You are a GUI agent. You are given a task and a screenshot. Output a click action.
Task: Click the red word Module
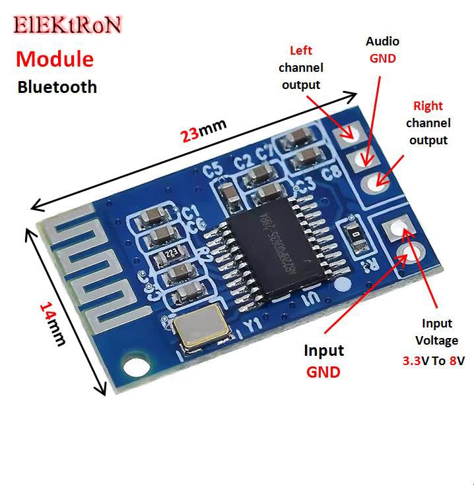pyautogui.click(x=55, y=59)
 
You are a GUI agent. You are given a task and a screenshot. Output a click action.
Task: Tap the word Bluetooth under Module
pyautogui.click(x=57, y=86)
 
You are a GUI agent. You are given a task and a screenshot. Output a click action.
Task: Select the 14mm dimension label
pyautogui.click(x=53, y=323)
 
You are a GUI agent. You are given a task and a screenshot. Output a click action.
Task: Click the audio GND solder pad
pyautogui.click(x=364, y=157)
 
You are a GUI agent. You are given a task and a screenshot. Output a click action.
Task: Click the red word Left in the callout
pyautogui.click(x=301, y=51)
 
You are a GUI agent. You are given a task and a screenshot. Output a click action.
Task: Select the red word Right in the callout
pyautogui.click(x=428, y=105)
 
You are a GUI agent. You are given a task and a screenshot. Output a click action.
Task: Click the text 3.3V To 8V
pyautogui.click(x=434, y=360)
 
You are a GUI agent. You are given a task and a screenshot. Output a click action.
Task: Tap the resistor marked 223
pyautogui.click(x=172, y=251)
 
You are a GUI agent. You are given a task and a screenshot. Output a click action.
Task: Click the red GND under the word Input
pyautogui.click(x=323, y=372)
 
